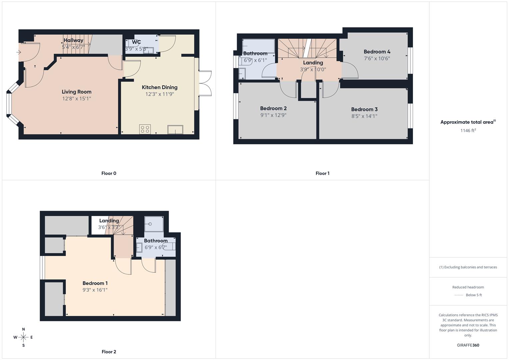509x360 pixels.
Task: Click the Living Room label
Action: pyautogui.click(x=76, y=92)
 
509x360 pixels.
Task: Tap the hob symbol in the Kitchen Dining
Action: pyautogui.click(x=145, y=129)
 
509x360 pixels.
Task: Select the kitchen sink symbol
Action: pyautogui.click(x=175, y=129)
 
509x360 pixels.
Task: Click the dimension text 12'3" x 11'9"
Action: pyautogui.click(x=159, y=94)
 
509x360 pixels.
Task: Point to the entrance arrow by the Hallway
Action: pyautogui.click(x=19, y=52)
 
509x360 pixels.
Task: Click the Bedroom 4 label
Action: pyautogui.click(x=377, y=52)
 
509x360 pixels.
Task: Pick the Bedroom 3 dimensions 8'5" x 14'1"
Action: pyautogui.click(x=364, y=116)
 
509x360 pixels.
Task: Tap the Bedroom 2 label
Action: pyautogui.click(x=273, y=108)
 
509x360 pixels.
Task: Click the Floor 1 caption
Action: pyautogui.click(x=322, y=173)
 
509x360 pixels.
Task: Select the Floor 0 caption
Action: pyautogui.click(x=109, y=173)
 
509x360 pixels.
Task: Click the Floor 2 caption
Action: pyautogui.click(x=109, y=352)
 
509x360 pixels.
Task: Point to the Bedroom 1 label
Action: pyautogui.click(x=95, y=283)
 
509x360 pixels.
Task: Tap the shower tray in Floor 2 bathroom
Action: pyautogui.click(x=154, y=224)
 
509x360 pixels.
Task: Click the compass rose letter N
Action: pyautogui.click(x=23, y=329)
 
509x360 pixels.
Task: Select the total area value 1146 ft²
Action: pyautogui.click(x=468, y=130)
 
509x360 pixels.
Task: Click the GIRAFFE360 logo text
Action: pyautogui.click(x=468, y=345)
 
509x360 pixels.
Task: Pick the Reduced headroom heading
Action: pyautogui.click(x=468, y=287)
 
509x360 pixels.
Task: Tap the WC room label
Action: pyautogui.click(x=136, y=42)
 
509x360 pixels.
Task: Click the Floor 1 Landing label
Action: pyautogui.click(x=313, y=63)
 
